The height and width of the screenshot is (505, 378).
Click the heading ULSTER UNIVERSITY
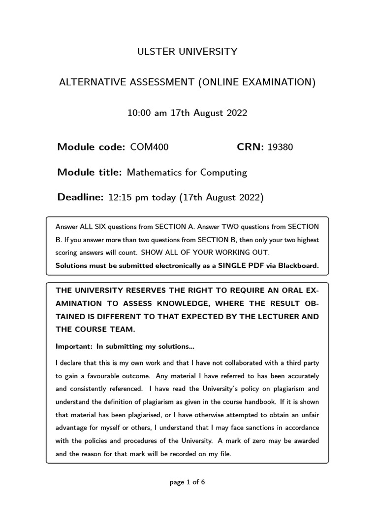coord(187,51)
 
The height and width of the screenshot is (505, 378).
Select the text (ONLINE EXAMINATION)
coord(256,82)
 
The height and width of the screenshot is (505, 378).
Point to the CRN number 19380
coord(280,146)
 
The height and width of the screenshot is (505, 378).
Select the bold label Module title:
coord(90,172)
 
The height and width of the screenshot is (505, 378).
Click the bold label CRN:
coord(251,146)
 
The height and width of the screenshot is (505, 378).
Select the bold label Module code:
coord(92,146)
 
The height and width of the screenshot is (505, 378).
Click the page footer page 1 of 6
coord(187,482)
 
